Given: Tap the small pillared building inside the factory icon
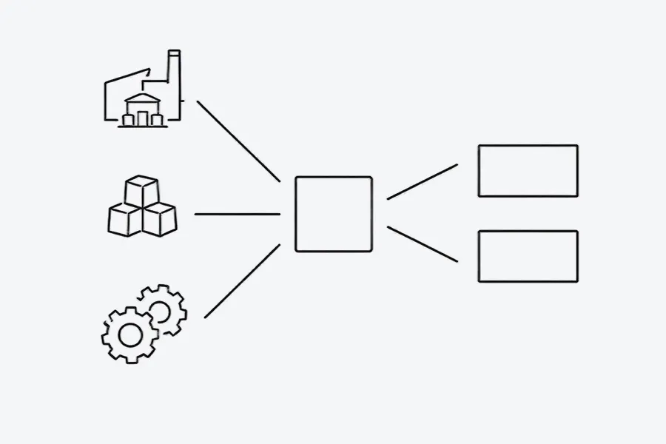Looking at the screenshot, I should [144, 111].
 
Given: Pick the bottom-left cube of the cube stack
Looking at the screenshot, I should [124, 220].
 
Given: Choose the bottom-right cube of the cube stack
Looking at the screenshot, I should [160, 220].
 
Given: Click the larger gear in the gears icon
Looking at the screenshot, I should [129, 335].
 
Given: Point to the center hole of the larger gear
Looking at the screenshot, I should [129, 335].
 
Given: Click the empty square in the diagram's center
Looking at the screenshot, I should [333, 214].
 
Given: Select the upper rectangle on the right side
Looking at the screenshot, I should [528, 171].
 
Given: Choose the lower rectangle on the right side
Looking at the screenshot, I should [528, 256].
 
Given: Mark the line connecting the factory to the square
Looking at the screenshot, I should [238, 141].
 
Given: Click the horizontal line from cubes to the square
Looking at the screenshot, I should [237, 215].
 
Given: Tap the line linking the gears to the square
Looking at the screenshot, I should [242, 281].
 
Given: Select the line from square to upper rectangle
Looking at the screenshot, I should [422, 182].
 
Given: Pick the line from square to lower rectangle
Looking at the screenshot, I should [422, 244].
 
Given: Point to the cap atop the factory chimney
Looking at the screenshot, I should [174, 53].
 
